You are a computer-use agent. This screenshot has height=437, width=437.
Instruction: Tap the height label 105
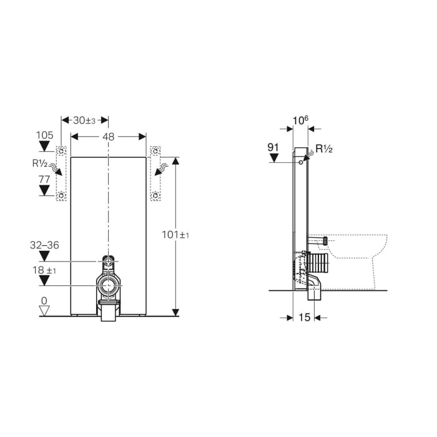[45, 135]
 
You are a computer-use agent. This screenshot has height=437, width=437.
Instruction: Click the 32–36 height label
[45, 245]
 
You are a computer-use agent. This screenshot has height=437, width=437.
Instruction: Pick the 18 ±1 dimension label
[45, 270]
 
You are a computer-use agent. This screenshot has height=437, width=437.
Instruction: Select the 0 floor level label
[44, 300]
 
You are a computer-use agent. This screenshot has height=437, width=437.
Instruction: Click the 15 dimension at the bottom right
[303, 318]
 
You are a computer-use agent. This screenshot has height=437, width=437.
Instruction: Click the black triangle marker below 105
[45, 147]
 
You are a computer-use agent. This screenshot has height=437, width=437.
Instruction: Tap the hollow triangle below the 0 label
[44, 310]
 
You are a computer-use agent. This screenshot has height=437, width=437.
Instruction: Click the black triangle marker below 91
[273, 159]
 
